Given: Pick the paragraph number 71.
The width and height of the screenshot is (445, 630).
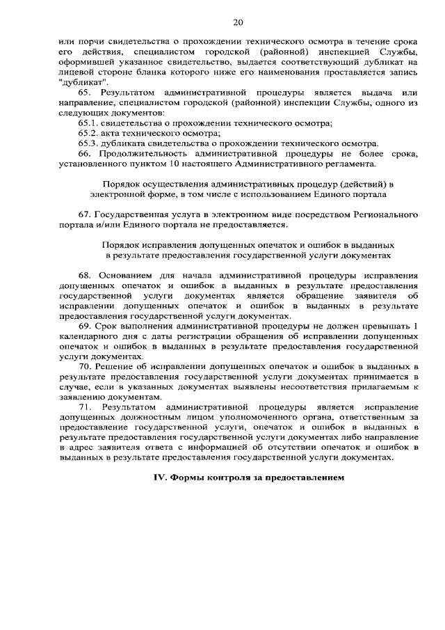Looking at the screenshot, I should coord(86,407).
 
